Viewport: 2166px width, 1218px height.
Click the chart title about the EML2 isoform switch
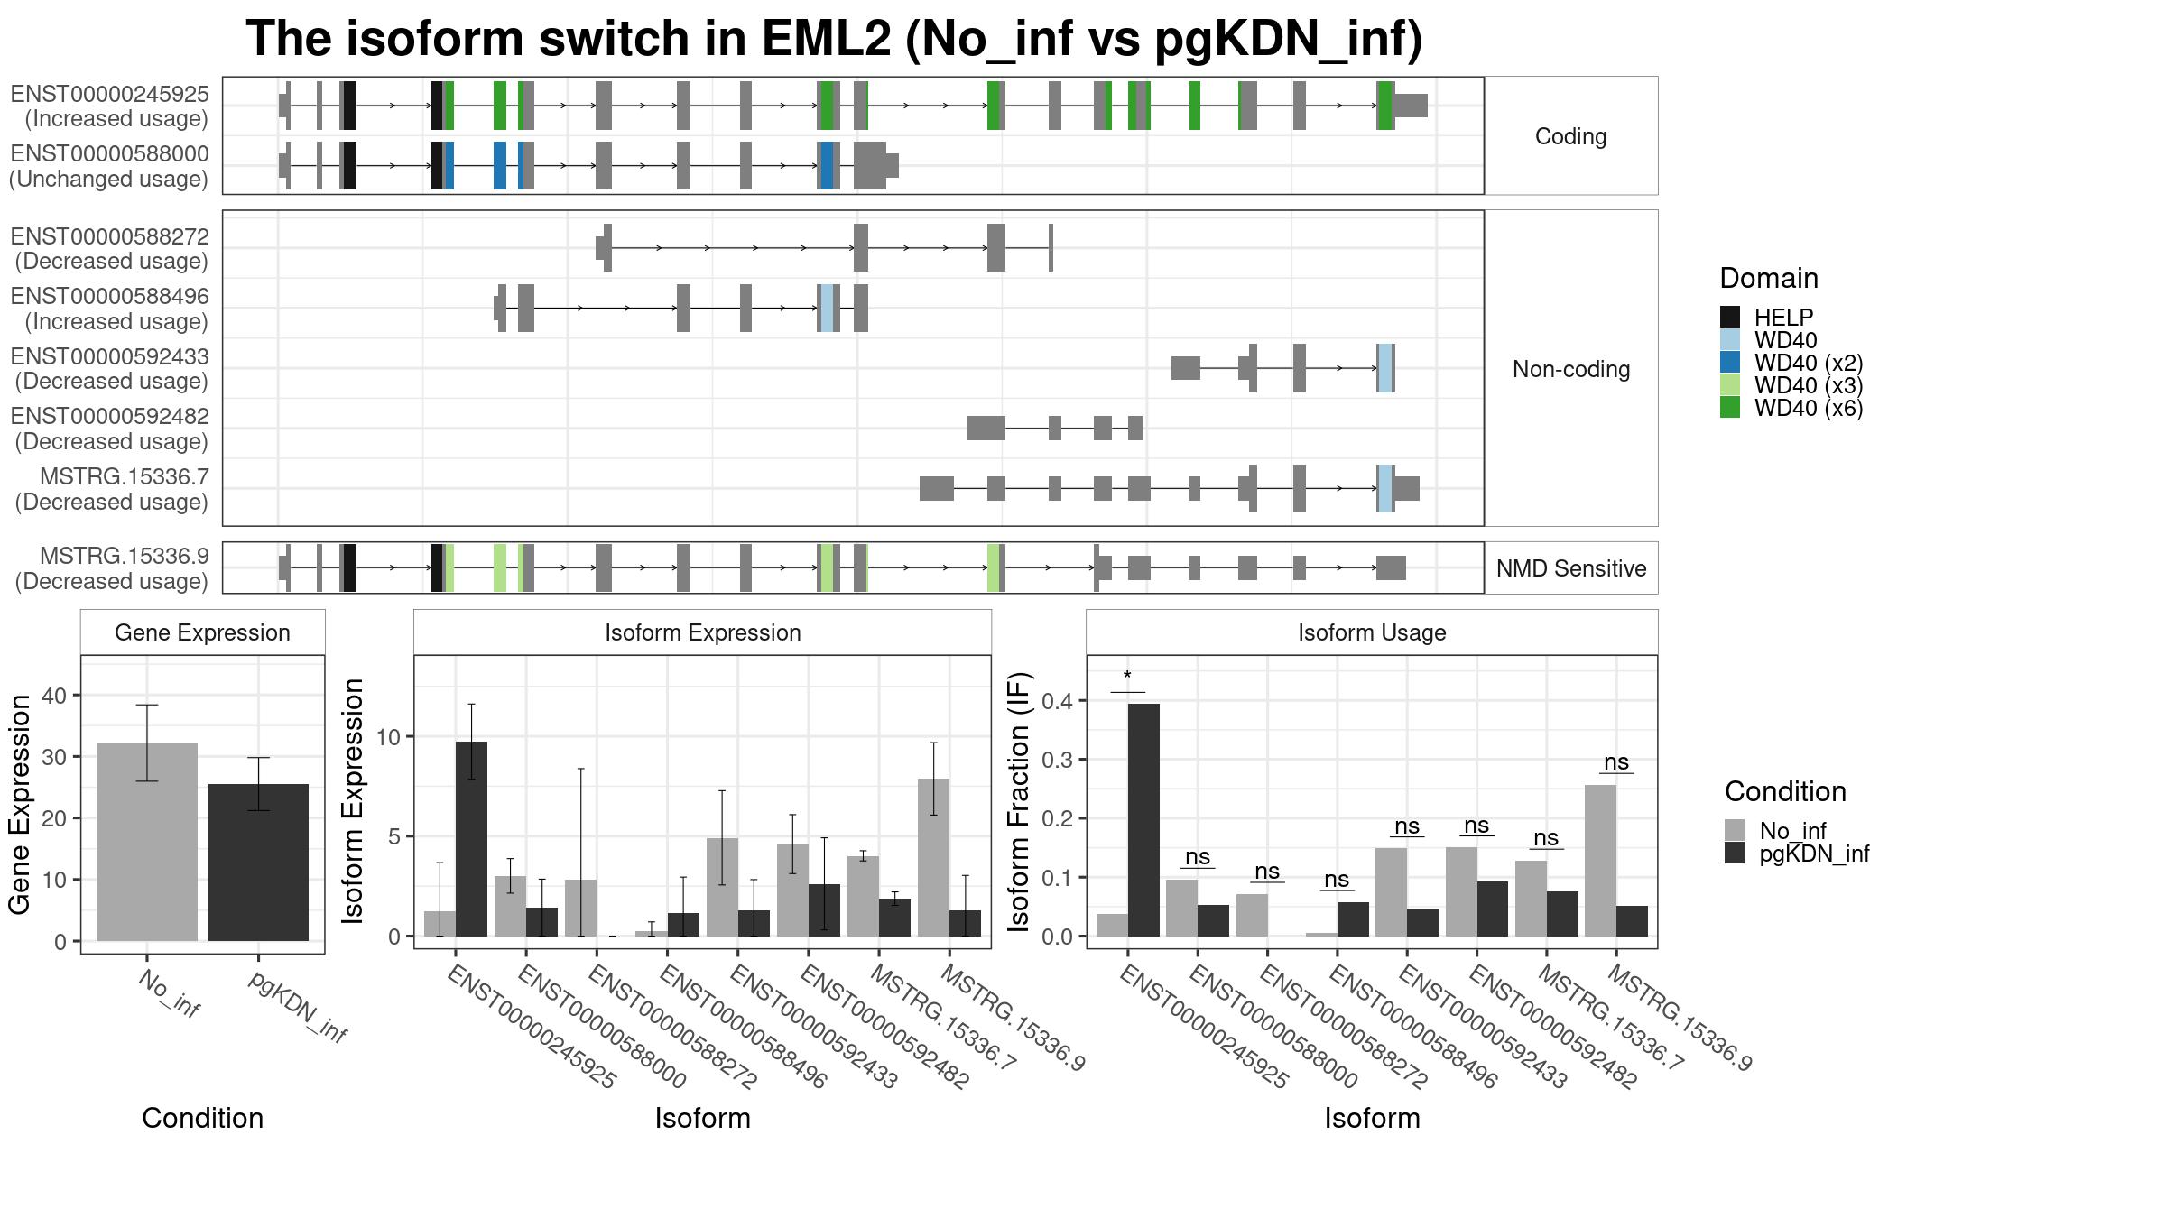[x=834, y=39]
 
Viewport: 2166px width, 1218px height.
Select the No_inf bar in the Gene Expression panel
[x=147, y=842]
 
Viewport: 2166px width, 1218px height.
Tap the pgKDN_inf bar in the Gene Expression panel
[x=258, y=863]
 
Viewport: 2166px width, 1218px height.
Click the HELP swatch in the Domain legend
[x=1730, y=317]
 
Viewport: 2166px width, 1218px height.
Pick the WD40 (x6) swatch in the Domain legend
[x=1730, y=407]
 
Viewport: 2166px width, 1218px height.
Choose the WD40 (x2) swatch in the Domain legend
[x=1730, y=362]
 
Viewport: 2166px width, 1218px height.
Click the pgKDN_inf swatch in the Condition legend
[x=1735, y=854]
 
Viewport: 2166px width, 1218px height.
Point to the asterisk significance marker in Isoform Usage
[x=1127, y=677]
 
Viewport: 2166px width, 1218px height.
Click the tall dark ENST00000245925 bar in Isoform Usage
[x=1143, y=820]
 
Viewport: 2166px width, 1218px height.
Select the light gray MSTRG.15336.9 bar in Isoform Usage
[x=1600, y=861]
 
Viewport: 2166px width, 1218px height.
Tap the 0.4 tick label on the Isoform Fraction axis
[x=1058, y=701]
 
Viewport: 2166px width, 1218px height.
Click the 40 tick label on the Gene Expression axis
[x=54, y=696]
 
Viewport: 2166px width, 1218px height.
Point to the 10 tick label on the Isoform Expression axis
[x=388, y=737]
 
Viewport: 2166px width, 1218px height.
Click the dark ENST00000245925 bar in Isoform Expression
[x=471, y=839]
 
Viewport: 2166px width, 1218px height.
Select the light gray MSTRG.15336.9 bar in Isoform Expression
[x=933, y=857]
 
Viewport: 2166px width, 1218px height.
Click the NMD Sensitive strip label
[x=1571, y=568]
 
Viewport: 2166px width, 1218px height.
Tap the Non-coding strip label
[x=1571, y=369]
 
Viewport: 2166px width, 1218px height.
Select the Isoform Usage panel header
[x=1372, y=632]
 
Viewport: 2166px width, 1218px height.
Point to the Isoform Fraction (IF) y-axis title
[x=1019, y=801]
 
